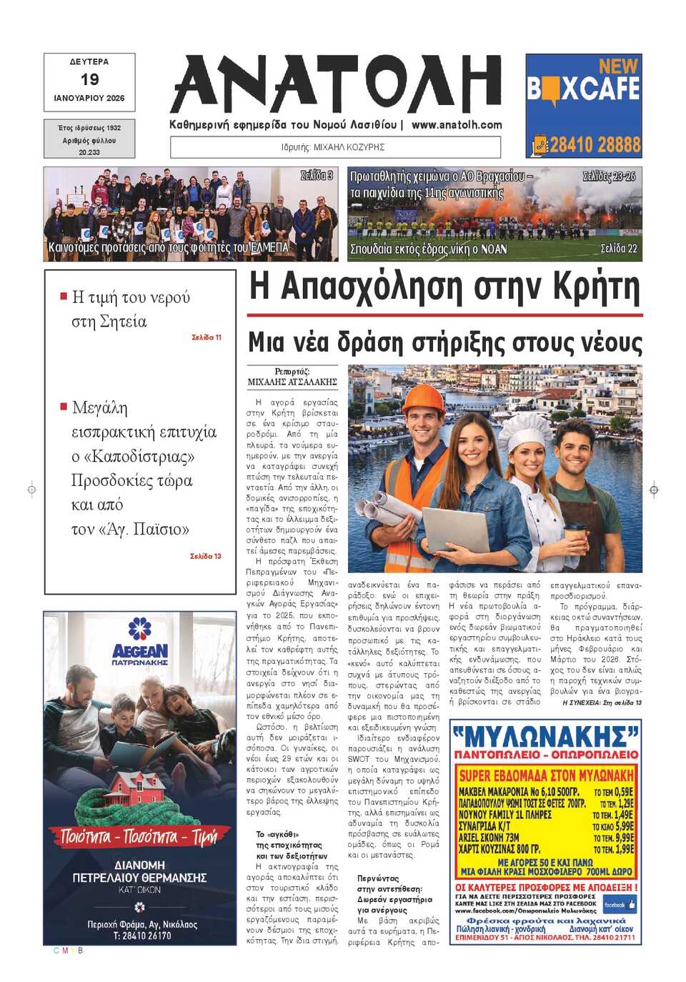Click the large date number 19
89,79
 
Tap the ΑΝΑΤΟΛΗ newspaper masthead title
336,84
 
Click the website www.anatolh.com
457,124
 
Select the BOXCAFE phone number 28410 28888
595,145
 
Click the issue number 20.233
89,152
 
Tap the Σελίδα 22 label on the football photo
619,249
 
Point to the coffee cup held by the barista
575,536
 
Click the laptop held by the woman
455,530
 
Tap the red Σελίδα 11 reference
207,337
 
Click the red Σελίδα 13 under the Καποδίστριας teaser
206,556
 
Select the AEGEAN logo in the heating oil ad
140,650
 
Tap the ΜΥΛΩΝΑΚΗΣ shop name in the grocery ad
545,736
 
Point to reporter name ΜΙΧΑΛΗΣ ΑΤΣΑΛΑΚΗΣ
292,382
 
